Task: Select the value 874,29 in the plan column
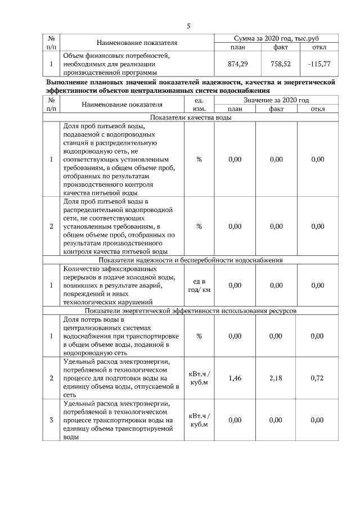tap(238, 65)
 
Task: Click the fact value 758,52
tap(280, 65)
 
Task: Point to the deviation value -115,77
tap(319, 65)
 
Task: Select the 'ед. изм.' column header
tap(198, 104)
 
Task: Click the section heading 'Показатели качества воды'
tap(190, 118)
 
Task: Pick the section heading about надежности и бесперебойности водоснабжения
tap(190, 260)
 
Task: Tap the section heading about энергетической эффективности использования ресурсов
tap(190, 310)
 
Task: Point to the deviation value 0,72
tap(317, 379)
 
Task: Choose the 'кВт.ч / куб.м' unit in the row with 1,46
tap(199, 379)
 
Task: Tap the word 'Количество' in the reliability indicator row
tap(82, 269)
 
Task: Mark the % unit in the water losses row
tap(199, 336)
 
